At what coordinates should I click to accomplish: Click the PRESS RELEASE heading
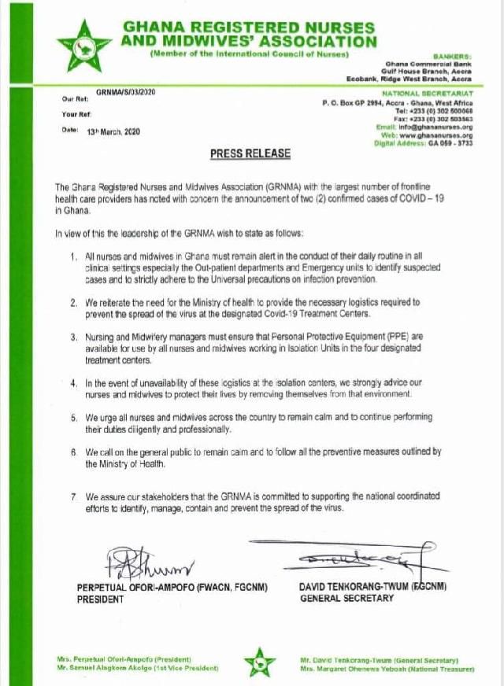click(x=250, y=153)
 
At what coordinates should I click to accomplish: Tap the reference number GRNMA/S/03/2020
click(x=126, y=93)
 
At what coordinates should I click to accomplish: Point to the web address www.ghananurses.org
click(x=439, y=135)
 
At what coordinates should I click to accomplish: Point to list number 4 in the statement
click(x=73, y=382)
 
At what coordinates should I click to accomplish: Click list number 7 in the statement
click(x=73, y=497)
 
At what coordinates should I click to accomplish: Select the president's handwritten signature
click(x=146, y=562)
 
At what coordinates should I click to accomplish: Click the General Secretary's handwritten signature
click(x=346, y=559)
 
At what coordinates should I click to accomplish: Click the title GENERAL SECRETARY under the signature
click(x=346, y=598)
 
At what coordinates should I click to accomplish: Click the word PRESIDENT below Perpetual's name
click(x=100, y=599)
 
